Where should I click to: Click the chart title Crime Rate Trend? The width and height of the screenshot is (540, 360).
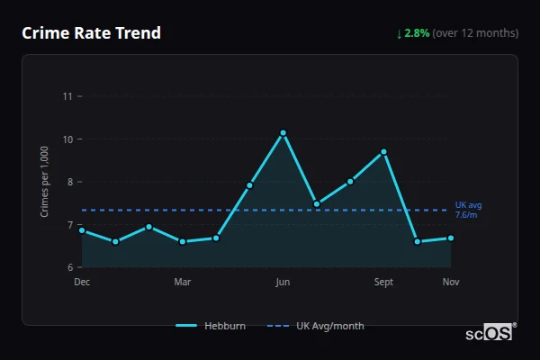pyautogui.click(x=91, y=33)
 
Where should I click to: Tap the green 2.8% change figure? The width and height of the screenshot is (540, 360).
pyautogui.click(x=417, y=33)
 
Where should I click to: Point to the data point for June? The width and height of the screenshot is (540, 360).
pyautogui.click(x=283, y=133)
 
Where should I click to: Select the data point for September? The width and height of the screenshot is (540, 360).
pyautogui.click(x=383, y=152)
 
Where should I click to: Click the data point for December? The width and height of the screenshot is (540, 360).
pyautogui.click(x=82, y=230)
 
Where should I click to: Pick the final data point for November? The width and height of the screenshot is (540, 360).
pyautogui.click(x=451, y=238)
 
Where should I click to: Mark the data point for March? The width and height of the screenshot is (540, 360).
pyautogui.click(x=183, y=241)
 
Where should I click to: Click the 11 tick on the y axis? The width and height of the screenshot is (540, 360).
pyautogui.click(x=67, y=96)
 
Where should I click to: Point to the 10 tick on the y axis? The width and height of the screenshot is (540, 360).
pyautogui.click(x=67, y=139)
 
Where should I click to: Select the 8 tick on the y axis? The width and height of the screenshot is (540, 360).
pyautogui.click(x=70, y=182)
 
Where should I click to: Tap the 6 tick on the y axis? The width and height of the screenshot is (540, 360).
pyautogui.click(x=70, y=267)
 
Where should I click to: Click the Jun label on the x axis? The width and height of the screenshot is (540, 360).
pyautogui.click(x=283, y=282)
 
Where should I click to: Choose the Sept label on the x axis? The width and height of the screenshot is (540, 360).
pyautogui.click(x=383, y=282)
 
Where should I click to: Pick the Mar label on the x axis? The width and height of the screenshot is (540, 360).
pyautogui.click(x=183, y=282)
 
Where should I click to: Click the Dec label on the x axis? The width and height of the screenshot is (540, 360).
pyautogui.click(x=82, y=282)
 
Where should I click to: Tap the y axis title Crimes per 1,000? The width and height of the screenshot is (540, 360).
pyautogui.click(x=44, y=181)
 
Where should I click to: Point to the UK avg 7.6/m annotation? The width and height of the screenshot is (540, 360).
pyautogui.click(x=468, y=210)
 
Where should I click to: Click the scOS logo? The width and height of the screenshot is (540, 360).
pyautogui.click(x=490, y=333)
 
